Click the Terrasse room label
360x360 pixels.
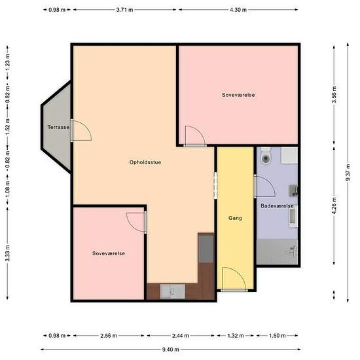pos(58,127)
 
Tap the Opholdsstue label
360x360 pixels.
pos(145,162)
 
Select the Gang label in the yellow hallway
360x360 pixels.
pos(235,218)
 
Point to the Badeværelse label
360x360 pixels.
pos(277,206)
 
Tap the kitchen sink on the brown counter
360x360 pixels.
pos(173,291)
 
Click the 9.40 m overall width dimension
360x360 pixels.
pos(170,350)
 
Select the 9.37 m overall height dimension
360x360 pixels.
pos(348,172)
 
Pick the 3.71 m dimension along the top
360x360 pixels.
pos(124,10)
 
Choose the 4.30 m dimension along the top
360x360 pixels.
pos(238,10)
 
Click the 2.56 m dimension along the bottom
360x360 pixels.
pos(109,336)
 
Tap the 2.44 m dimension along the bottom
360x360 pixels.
pos(181,336)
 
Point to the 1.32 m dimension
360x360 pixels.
pos(236,336)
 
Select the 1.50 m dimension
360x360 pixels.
pos(277,336)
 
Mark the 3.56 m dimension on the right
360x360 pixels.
pos(334,95)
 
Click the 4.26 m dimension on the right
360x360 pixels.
pos(334,206)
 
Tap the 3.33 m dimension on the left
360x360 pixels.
pos(8,253)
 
